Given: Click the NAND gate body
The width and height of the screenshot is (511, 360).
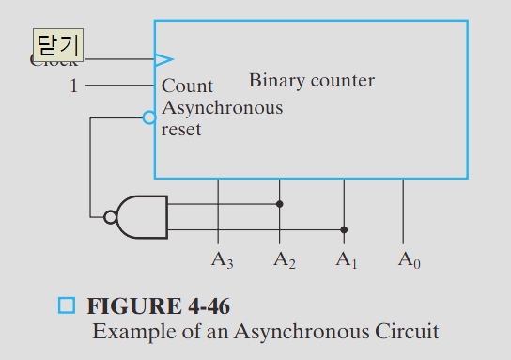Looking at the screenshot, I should click(143, 217).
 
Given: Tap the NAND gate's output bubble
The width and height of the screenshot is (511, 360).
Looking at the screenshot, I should click(111, 217).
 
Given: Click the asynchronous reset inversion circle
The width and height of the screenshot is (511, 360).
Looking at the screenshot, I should click(148, 117).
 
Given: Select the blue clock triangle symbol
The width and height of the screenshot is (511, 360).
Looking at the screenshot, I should click(164, 59).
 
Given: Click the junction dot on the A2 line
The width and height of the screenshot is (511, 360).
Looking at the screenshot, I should click(279, 203).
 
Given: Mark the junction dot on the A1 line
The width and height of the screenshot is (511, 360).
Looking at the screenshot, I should click(344, 229).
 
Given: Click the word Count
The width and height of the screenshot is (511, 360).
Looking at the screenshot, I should click(187, 86).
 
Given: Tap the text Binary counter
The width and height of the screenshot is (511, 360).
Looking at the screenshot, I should click(311, 81).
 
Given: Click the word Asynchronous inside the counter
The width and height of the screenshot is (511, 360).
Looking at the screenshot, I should click(222, 108).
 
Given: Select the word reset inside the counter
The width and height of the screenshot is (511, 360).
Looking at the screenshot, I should click(181, 130).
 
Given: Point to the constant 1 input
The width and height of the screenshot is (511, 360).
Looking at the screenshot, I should click(74, 86).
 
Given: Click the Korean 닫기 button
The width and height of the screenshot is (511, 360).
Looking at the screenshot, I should click(58, 44).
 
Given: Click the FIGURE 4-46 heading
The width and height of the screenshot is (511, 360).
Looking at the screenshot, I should click(158, 306).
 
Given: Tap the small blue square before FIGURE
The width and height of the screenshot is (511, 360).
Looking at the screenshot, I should click(66, 305).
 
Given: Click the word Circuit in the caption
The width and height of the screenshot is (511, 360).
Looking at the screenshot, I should click(407, 331).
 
